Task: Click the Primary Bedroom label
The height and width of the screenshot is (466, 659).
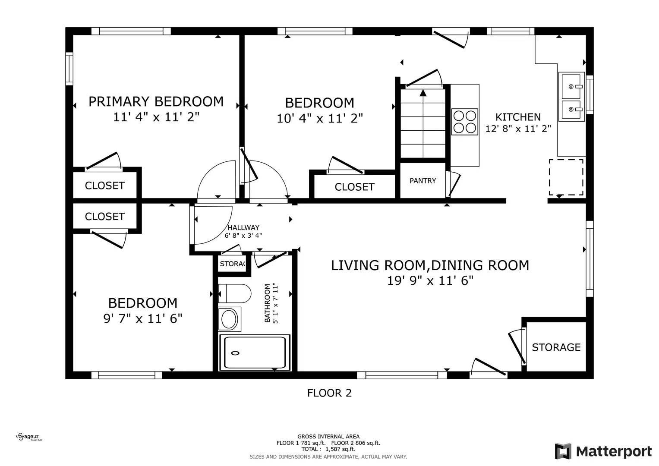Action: click(x=156, y=101)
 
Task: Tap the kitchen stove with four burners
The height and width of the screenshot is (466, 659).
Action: click(x=465, y=122)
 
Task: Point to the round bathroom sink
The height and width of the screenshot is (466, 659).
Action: click(x=229, y=319)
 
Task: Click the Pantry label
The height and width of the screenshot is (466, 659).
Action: click(x=423, y=181)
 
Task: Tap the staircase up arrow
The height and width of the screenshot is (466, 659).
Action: click(x=423, y=92)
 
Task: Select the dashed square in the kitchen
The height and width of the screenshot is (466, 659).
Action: click(x=566, y=177)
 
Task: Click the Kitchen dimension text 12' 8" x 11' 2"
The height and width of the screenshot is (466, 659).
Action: click(x=518, y=129)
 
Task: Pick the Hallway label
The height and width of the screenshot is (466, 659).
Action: click(x=243, y=227)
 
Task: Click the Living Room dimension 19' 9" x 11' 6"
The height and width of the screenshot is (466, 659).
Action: click(x=430, y=280)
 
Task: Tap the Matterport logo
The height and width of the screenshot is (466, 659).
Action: click(x=603, y=451)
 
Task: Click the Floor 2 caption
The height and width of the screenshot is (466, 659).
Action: click(x=329, y=393)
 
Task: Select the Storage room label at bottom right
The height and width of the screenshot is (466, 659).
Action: click(x=556, y=347)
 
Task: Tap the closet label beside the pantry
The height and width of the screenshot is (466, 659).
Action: click(x=354, y=187)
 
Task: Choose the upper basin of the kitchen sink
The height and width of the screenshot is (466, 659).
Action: click(x=571, y=87)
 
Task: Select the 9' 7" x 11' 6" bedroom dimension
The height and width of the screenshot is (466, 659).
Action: click(x=143, y=318)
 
